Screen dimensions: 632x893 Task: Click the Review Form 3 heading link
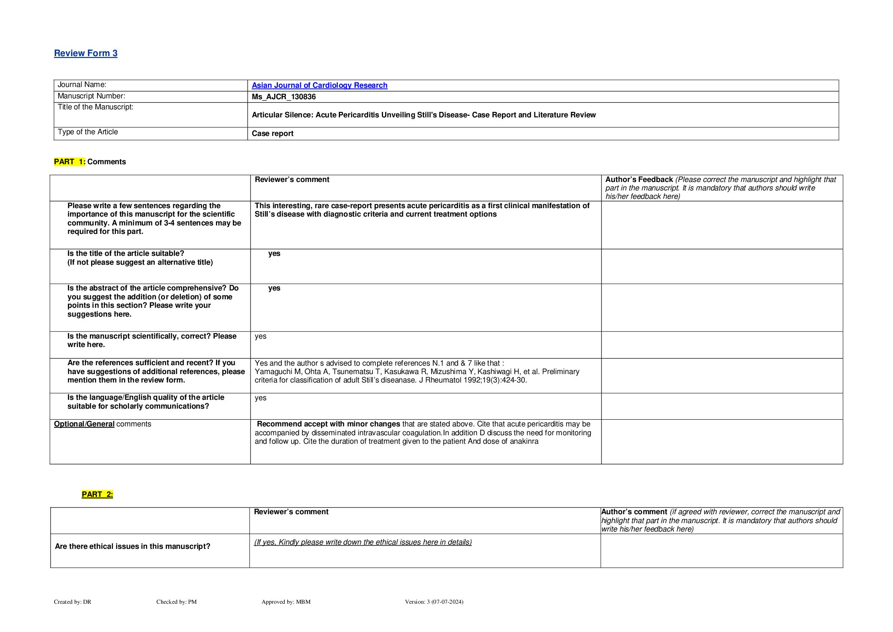click(x=86, y=53)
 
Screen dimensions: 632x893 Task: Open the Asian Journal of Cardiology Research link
click(x=319, y=85)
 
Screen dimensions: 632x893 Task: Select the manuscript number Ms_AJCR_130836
click(x=283, y=97)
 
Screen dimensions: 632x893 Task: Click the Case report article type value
click(x=272, y=133)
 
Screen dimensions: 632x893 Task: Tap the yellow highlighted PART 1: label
click(x=70, y=162)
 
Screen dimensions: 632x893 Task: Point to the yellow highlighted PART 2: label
click(x=97, y=494)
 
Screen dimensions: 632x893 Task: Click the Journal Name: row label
click(x=82, y=85)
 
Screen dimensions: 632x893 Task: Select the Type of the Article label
click(x=88, y=132)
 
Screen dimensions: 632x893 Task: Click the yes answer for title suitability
click(x=274, y=253)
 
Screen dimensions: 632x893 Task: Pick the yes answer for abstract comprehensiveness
click(x=274, y=288)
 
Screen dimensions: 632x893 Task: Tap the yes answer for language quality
click(x=261, y=398)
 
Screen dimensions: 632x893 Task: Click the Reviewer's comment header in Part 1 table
click(x=292, y=179)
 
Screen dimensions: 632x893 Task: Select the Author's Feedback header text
click(x=639, y=179)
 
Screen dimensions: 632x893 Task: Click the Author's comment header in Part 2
click(x=634, y=512)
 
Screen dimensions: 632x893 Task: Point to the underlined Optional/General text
click(x=84, y=424)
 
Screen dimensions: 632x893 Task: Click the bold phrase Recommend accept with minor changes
click(x=329, y=424)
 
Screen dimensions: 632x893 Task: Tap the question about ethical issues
click(x=132, y=546)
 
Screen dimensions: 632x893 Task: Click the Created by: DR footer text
click(x=73, y=602)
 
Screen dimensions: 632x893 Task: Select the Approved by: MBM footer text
click(x=286, y=602)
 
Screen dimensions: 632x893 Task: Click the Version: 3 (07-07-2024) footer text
click(x=434, y=602)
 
